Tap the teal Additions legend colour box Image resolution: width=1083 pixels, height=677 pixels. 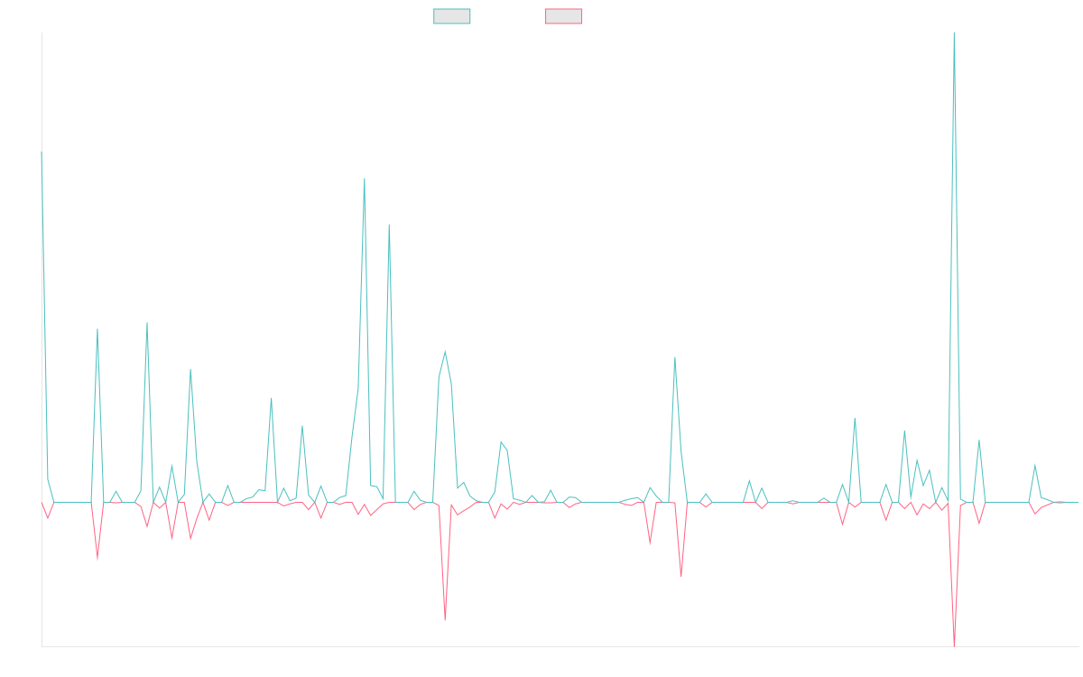452,16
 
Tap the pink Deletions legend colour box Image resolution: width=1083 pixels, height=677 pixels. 564,16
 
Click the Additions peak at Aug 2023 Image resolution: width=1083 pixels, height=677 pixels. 365,178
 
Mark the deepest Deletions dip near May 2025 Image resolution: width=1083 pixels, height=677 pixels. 955,645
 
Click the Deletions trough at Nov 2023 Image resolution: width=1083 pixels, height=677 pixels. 445,619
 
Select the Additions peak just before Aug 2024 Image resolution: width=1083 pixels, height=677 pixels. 675,357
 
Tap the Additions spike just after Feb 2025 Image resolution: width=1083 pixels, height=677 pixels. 855,418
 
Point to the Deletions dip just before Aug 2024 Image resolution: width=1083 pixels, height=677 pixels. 681,575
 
